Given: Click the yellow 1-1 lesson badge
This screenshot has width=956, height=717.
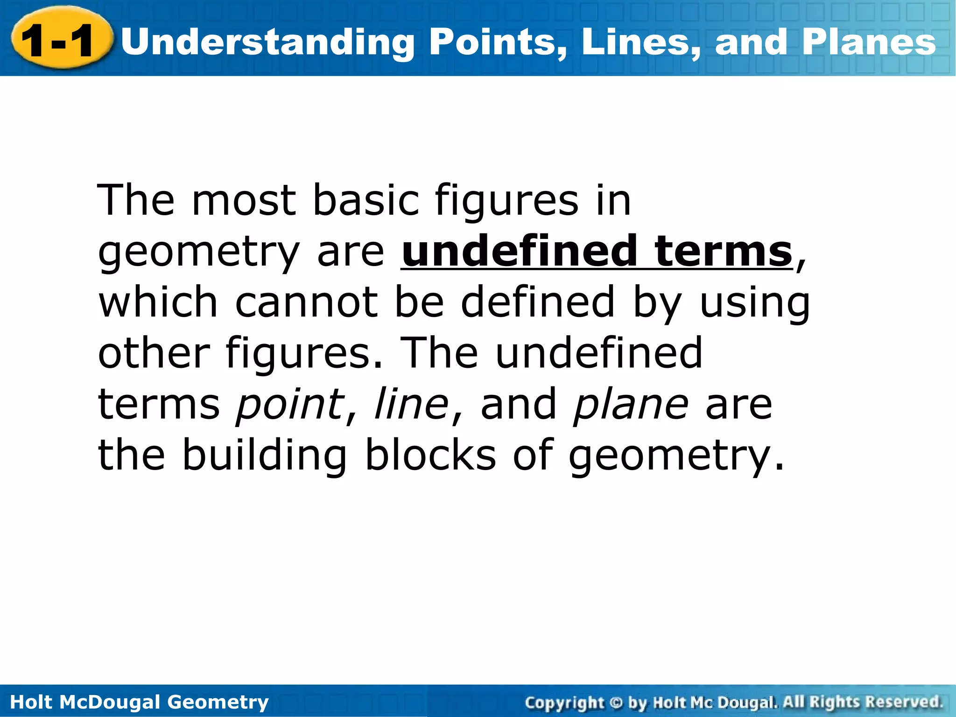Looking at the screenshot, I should click(61, 40).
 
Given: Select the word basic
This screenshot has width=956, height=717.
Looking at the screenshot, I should click(366, 201).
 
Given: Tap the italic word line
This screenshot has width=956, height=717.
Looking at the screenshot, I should click(411, 403).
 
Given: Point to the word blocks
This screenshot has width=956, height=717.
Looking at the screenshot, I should click(430, 455).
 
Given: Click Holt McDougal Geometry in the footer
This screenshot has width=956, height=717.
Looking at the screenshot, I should click(139, 702).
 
